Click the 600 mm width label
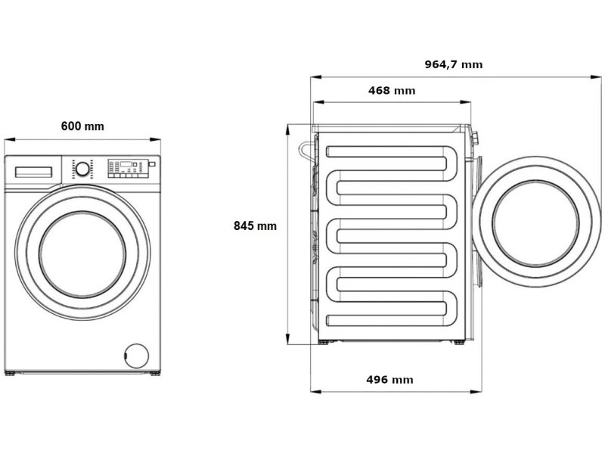(82, 126)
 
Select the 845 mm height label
(255, 225)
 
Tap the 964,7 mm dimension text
(453, 64)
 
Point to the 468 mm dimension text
(392, 91)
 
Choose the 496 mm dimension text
(389, 380)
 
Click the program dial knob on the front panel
(82, 169)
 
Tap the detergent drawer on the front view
(33, 173)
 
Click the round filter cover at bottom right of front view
(137, 355)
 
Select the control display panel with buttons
(128, 168)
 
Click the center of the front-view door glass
(82, 254)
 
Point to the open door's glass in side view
(535, 223)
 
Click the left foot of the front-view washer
(10, 373)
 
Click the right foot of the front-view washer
(155, 373)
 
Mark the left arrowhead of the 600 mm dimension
(9, 139)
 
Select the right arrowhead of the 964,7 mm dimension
(596, 77)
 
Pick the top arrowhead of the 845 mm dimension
(287, 129)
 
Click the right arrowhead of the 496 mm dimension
(476, 392)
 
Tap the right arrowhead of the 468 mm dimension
(466, 103)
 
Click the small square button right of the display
(152, 164)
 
